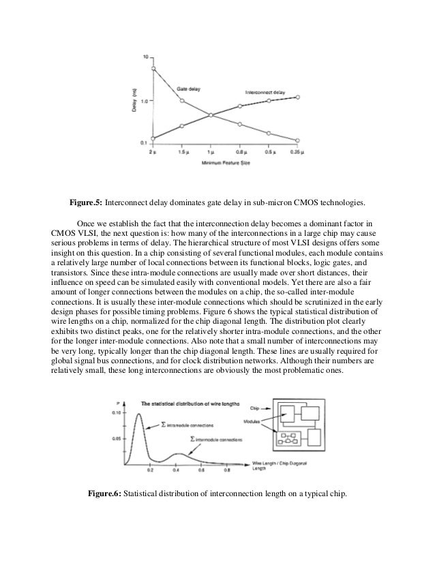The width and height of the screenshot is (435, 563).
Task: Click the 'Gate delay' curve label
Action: [189, 89]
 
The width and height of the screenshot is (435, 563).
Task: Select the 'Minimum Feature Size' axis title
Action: [224, 164]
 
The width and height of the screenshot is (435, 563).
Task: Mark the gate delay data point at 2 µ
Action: [153, 68]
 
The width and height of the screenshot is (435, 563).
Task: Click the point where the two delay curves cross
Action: [211, 115]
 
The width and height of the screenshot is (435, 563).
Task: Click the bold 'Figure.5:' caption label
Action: [87, 202]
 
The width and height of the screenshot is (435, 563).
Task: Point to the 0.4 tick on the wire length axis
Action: [176, 470]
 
